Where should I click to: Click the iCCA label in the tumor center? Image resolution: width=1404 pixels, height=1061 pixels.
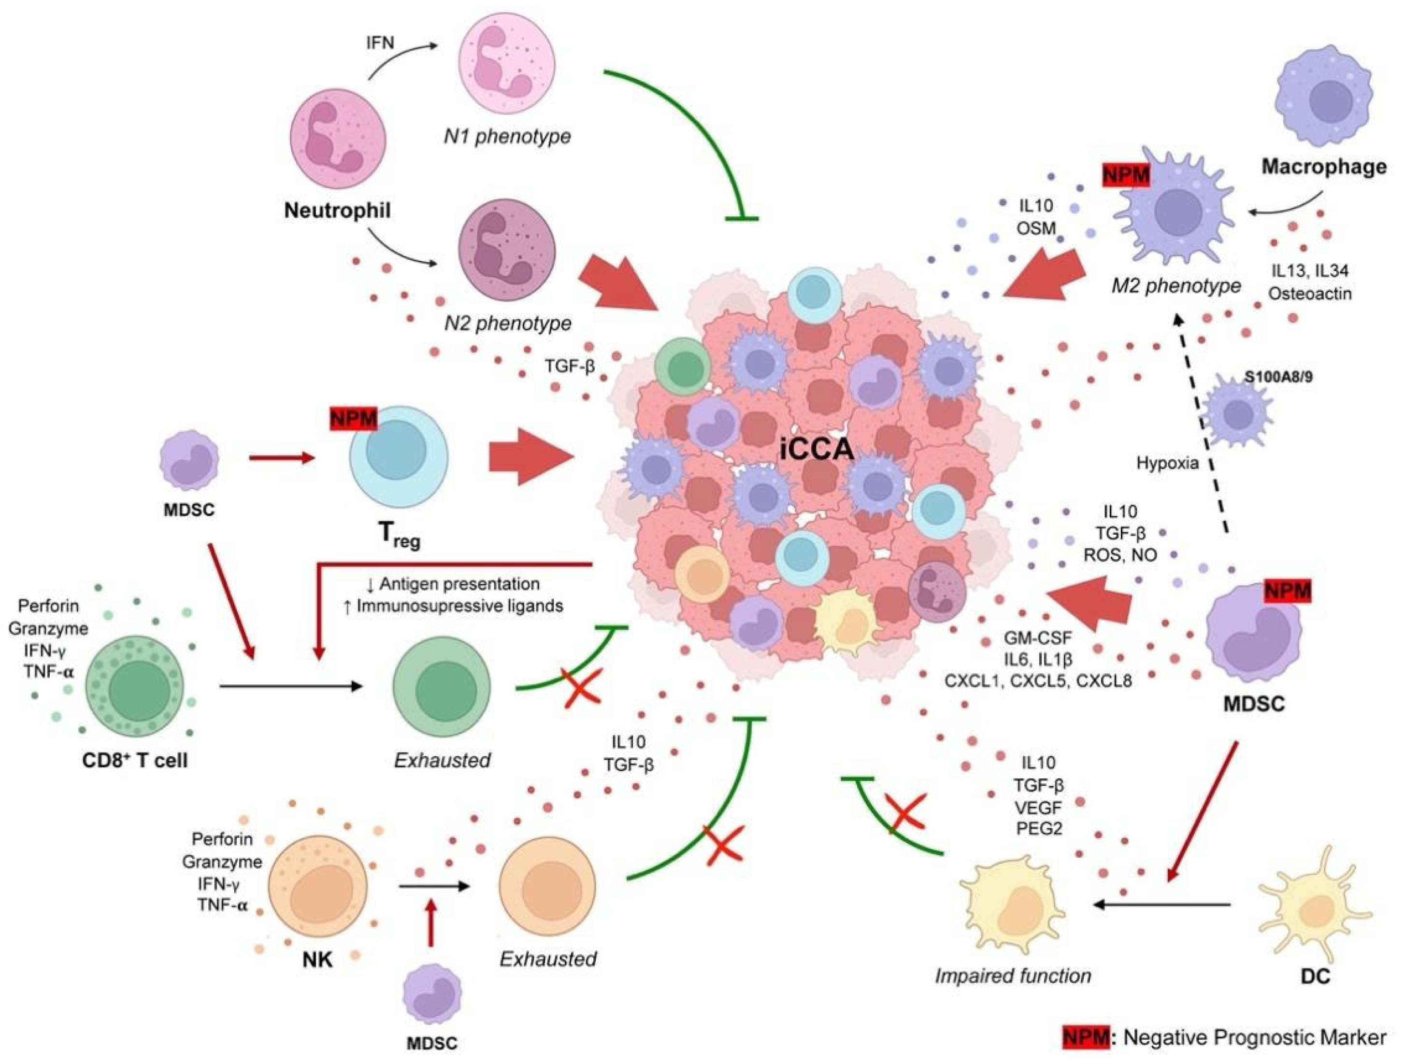point(817,449)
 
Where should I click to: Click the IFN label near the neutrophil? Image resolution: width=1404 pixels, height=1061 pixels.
point(380,43)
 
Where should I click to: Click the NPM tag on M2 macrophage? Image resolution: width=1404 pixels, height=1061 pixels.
point(1125,174)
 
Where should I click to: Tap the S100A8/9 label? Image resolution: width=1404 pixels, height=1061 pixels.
point(1278,377)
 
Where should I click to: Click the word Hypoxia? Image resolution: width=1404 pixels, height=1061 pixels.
point(1167,463)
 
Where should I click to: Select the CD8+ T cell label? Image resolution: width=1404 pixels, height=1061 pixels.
point(135,760)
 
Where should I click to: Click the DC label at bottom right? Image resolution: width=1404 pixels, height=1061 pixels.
point(1315,976)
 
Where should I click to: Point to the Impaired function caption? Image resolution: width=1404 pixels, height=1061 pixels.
point(1013,976)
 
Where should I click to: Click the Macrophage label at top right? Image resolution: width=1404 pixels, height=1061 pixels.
point(1323,167)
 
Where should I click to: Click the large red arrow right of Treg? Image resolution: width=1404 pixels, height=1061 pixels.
point(530,457)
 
